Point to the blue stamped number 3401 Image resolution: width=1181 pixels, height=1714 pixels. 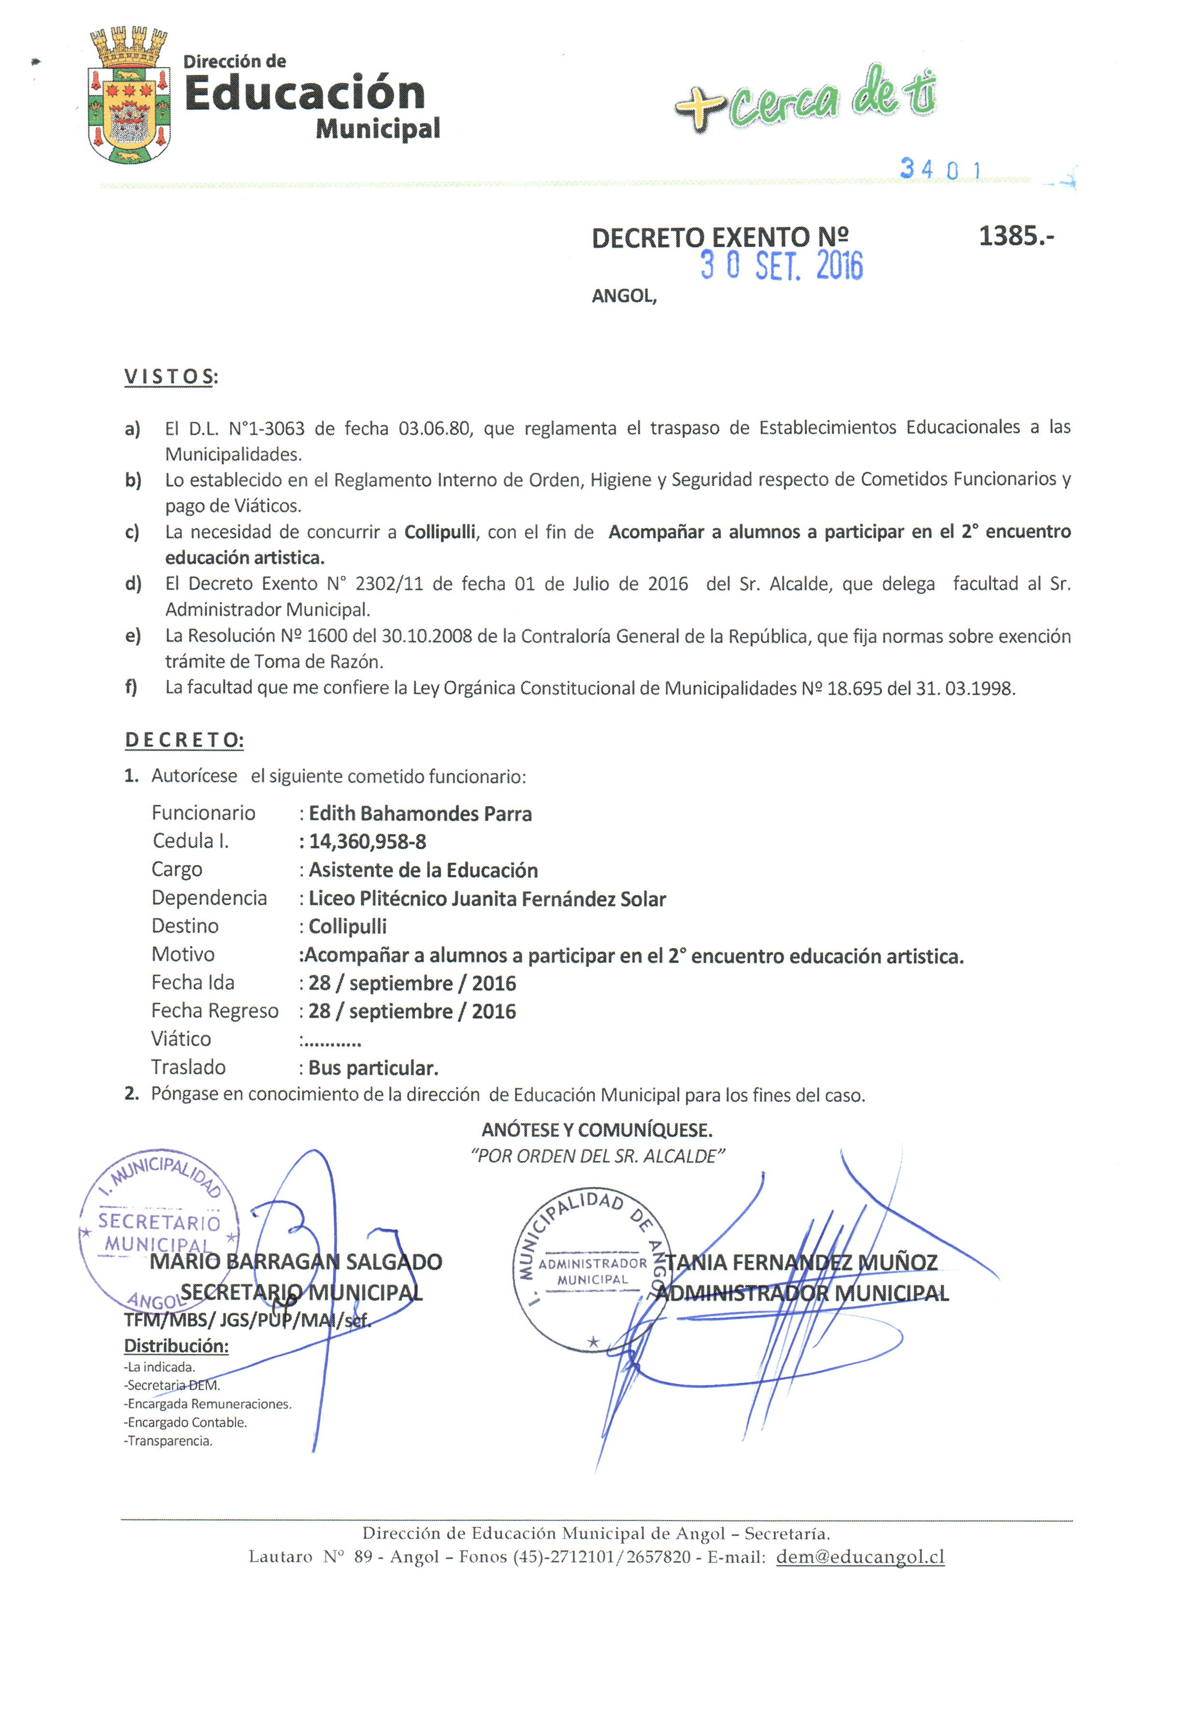click(x=940, y=169)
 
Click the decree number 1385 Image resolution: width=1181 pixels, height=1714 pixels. click(x=1015, y=236)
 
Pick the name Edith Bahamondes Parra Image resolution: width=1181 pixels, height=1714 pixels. click(x=420, y=814)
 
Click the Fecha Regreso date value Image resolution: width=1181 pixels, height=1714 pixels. click(x=412, y=1012)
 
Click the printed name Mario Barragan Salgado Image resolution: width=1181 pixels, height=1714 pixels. click(x=296, y=1262)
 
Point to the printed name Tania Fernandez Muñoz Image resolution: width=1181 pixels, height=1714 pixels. click(x=801, y=1262)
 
